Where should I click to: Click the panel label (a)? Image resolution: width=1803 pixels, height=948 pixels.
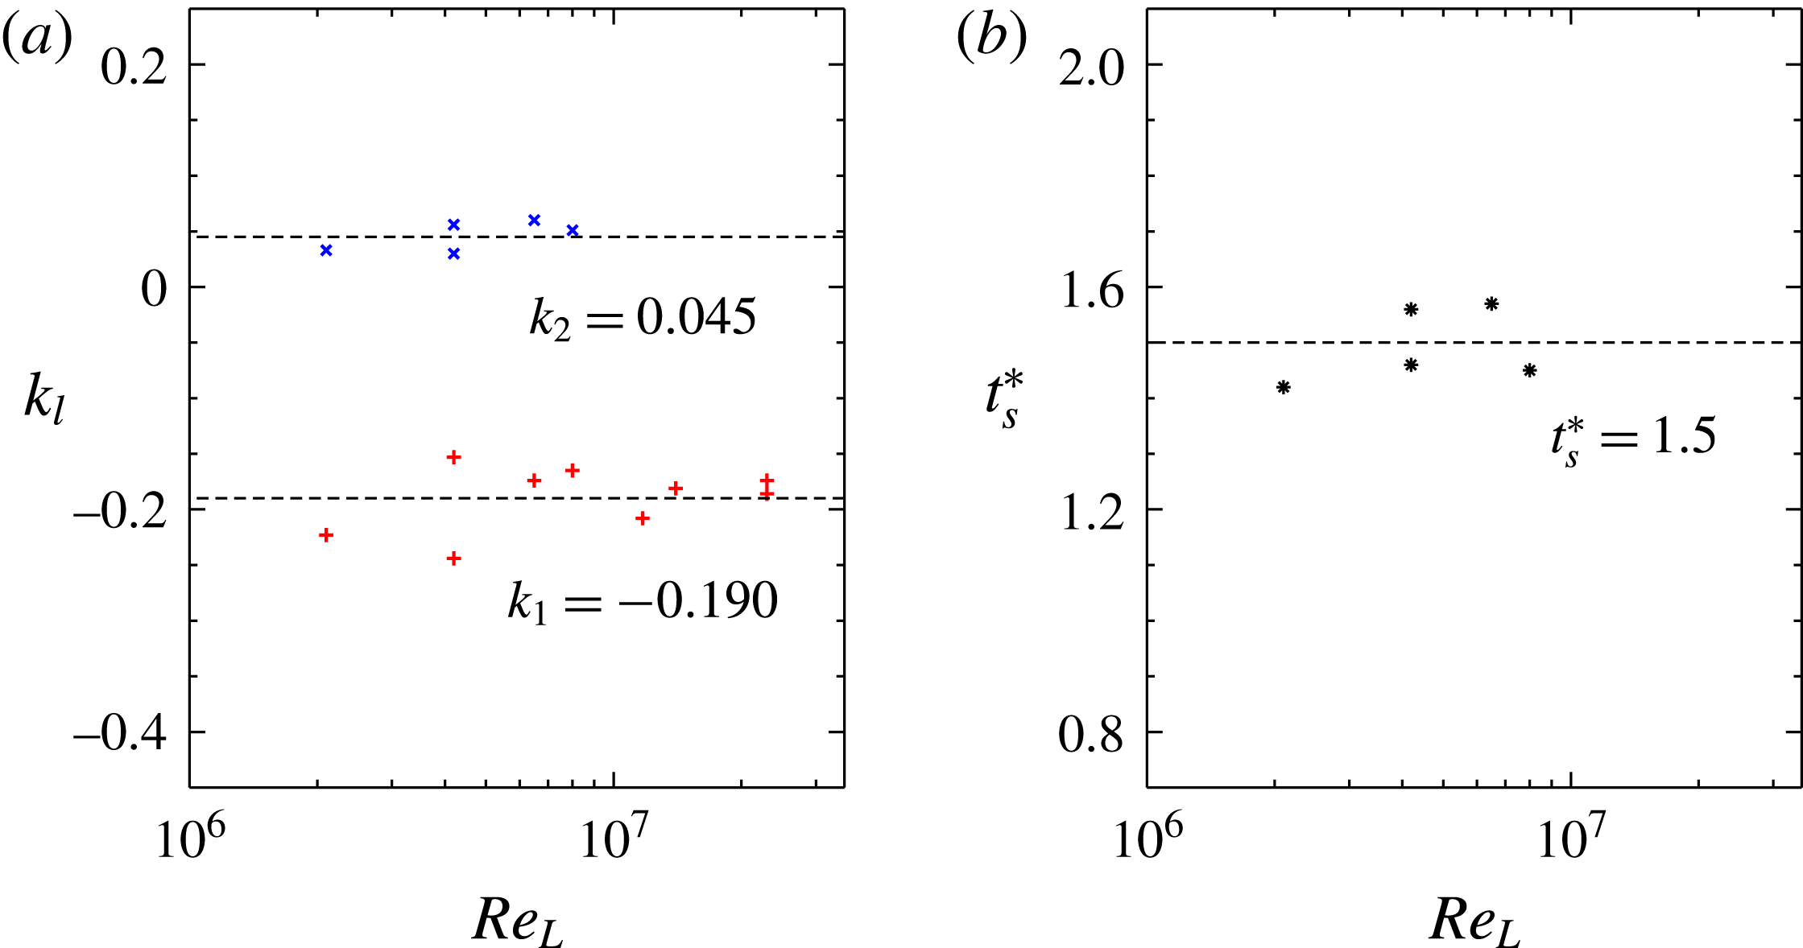pyautogui.click(x=37, y=39)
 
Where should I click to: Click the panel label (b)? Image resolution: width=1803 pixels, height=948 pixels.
pyautogui.click(x=991, y=39)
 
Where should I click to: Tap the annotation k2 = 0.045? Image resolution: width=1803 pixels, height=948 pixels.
pyautogui.click(x=642, y=318)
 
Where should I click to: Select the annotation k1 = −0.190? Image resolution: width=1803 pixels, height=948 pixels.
pyautogui.click(x=642, y=601)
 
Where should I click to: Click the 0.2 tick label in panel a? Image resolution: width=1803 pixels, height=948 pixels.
pyautogui.click(x=134, y=66)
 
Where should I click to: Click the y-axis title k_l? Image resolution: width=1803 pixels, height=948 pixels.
pyautogui.click(x=43, y=400)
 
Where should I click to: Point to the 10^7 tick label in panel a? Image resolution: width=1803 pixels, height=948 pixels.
pyautogui.click(x=614, y=840)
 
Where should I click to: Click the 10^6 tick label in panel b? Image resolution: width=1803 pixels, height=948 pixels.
pyautogui.click(x=1146, y=840)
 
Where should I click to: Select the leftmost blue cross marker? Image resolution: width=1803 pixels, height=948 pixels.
pyautogui.click(x=326, y=250)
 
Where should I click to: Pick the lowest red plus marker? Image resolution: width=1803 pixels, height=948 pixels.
pyautogui.click(x=453, y=558)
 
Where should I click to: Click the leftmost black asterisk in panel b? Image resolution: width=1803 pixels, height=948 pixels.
pyautogui.click(x=1284, y=387)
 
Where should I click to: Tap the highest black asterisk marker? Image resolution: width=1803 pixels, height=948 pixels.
pyautogui.click(x=1491, y=303)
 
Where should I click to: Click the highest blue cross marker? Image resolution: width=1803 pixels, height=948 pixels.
pyautogui.click(x=534, y=221)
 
